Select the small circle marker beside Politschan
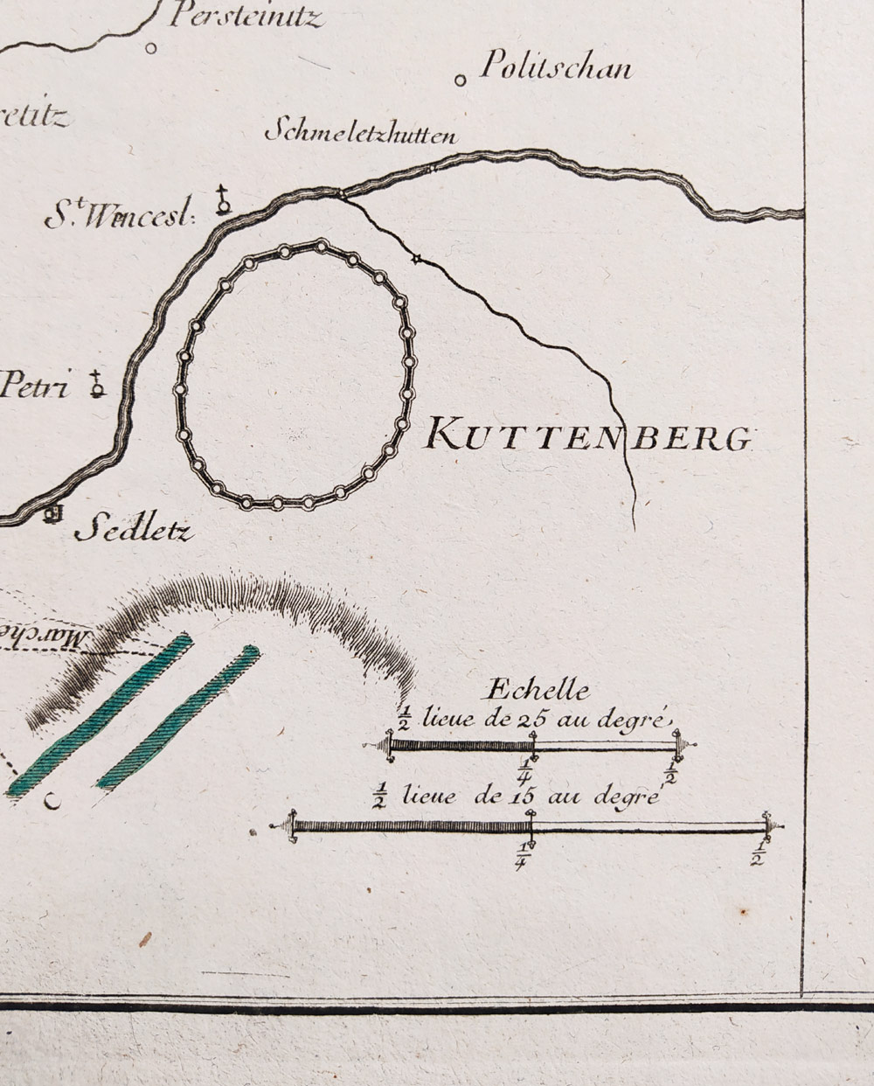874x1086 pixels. [460, 81]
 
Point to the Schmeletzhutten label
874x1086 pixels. [360, 133]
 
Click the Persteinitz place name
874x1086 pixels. [246, 16]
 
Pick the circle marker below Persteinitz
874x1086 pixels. [150, 49]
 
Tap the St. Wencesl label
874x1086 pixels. [119, 216]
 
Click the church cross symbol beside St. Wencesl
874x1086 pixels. [224, 201]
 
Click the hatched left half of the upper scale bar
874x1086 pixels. [461, 746]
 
